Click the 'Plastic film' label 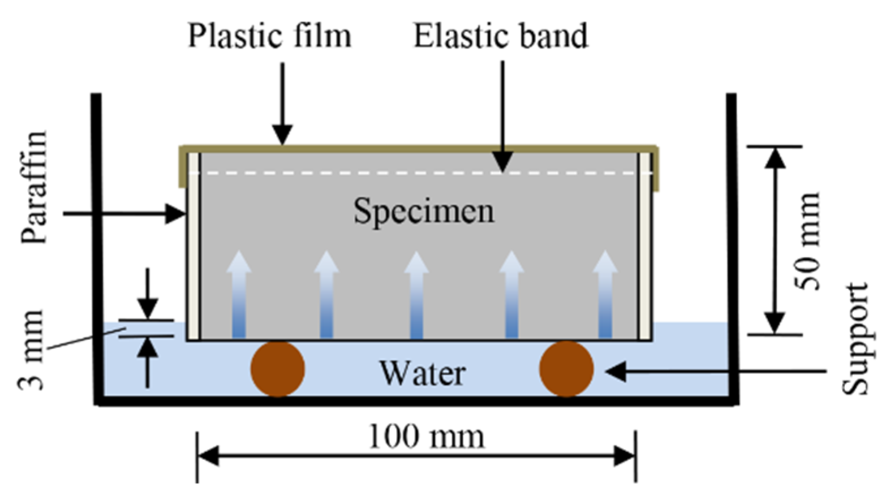[x=269, y=36]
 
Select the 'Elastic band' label [x=501, y=36]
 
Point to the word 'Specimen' [x=424, y=211]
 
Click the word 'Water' [x=423, y=373]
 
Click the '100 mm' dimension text [x=426, y=437]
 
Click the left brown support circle [x=278, y=369]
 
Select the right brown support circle [x=566, y=369]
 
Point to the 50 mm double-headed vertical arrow [x=775, y=240]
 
